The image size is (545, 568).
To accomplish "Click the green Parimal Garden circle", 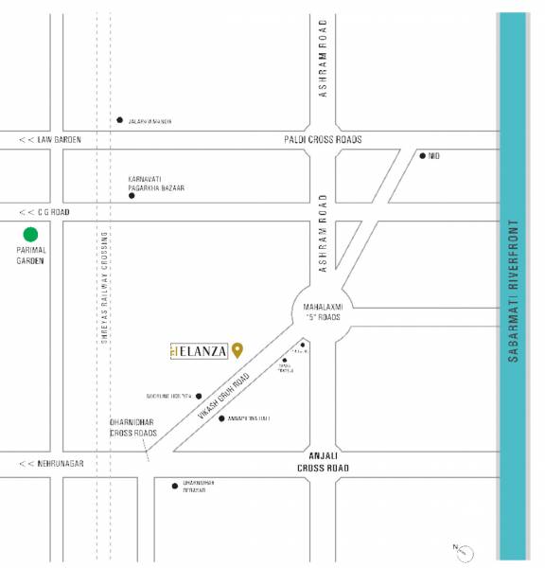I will pos(31,234).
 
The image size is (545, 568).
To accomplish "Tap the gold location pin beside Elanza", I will pos(237,349).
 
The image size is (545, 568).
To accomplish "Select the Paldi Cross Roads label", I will pos(322,140).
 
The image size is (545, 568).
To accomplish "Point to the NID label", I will pos(435,155).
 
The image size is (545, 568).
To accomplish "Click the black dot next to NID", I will pos(423,155).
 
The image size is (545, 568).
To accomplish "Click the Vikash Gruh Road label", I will pos(224,397).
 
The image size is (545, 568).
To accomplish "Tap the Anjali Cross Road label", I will pos(323,462).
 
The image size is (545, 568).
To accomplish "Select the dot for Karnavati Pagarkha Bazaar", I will pos(132,196).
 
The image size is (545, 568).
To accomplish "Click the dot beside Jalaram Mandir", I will pos(119,120).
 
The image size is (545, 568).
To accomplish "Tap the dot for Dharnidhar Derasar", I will pos(175,486).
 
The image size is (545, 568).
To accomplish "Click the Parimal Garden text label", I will pos(31,257).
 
